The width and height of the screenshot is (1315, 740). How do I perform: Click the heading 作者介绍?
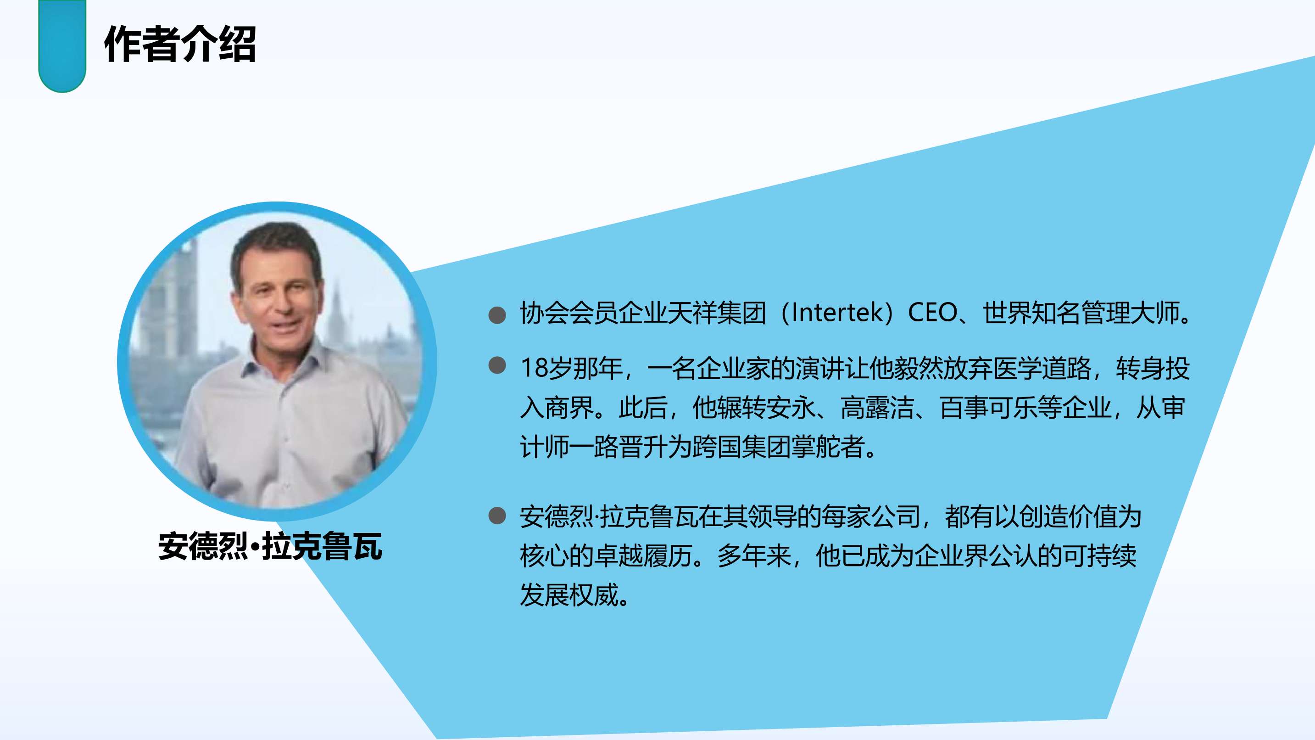[180, 45]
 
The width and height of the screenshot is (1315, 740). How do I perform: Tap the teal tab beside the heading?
[62, 46]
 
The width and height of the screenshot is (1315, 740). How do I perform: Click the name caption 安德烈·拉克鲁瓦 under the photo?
[270, 546]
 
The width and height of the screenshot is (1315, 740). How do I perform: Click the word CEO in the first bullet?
[932, 313]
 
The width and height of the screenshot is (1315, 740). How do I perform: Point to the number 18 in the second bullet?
[534, 368]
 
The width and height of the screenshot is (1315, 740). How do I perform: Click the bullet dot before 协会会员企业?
[497, 315]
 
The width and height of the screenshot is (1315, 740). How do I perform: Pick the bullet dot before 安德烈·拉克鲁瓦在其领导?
[497, 516]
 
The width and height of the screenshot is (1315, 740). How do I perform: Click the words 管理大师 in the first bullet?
[1131, 313]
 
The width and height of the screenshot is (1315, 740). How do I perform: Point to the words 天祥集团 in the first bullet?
[717, 313]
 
